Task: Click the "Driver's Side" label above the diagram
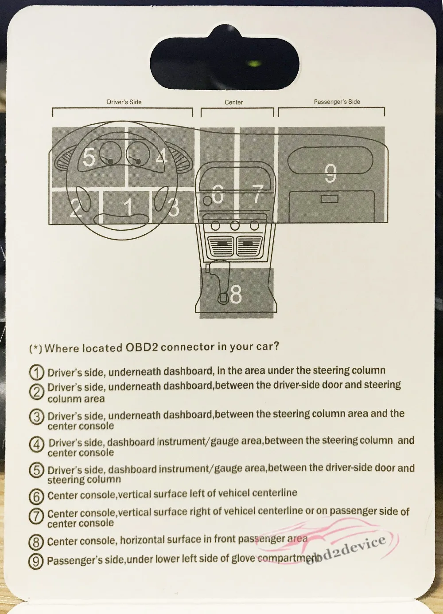coord(124,102)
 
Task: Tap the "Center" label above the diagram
coord(233,102)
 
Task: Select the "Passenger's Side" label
coord(337,102)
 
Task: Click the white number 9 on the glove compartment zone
coord(330,173)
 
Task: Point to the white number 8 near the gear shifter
coord(236,294)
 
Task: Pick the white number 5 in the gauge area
coord(89,157)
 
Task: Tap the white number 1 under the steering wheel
coord(128,206)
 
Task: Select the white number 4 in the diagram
coord(162,157)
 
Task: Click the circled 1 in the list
coord(36,372)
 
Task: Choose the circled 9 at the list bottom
coord(36,561)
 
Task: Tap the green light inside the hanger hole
coord(254,64)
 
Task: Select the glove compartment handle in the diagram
coord(329,199)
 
